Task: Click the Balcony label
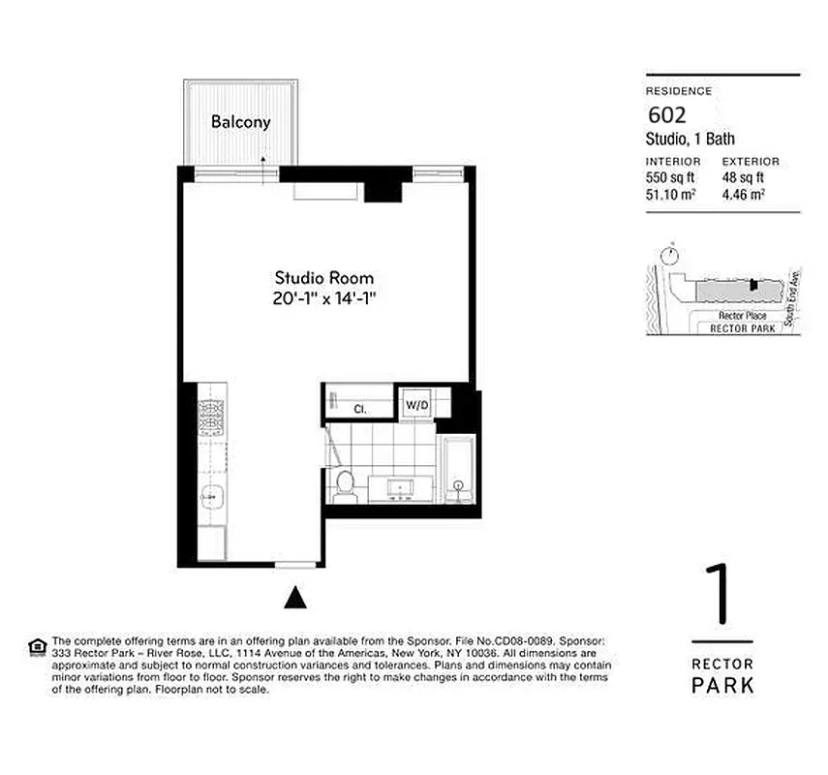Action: click(x=240, y=123)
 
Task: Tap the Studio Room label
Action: click(x=323, y=277)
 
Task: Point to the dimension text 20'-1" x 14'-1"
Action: click(x=323, y=299)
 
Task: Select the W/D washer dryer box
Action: click(x=417, y=404)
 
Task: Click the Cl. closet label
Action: click(x=357, y=408)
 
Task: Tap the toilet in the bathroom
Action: click(x=344, y=484)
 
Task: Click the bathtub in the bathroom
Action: click(x=456, y=471)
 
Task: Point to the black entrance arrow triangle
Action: click(x=295, y=599)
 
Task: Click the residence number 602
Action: click(x=666, y=115)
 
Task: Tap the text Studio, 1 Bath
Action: click(x=690, y=139)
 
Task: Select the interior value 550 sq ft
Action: click(x=672, y=177)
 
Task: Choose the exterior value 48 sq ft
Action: click(x=744, y=177)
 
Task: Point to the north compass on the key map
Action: click(x=667, y=255)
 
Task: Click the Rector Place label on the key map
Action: click(x=743, y=316)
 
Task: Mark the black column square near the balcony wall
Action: click(x=383, y=185)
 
